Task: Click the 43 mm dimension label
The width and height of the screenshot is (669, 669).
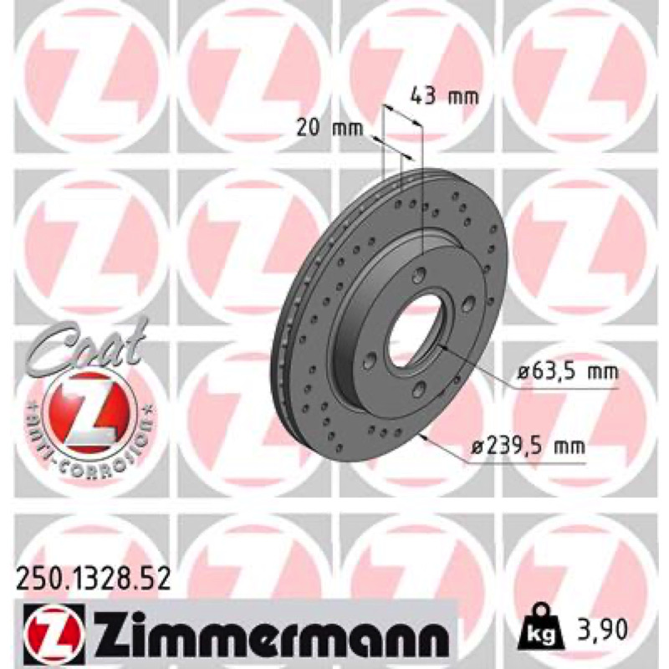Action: pos(445,97)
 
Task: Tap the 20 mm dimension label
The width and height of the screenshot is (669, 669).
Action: pos(329,128)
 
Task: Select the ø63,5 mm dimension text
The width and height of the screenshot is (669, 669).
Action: pos(568,372)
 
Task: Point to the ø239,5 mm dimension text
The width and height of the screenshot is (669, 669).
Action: pos(528,447)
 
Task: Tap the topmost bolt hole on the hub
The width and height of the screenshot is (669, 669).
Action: pos(421,273)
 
